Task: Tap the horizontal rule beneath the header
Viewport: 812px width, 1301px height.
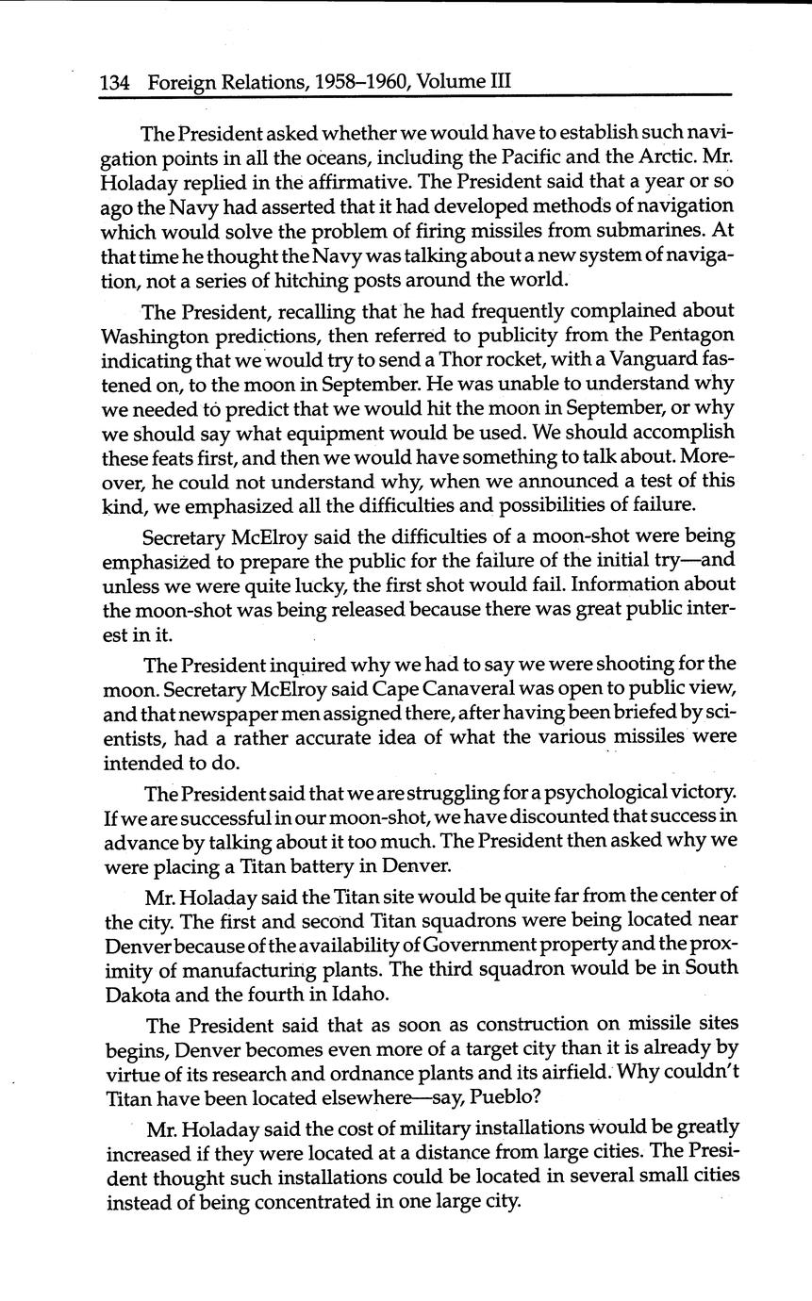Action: coord(415,95)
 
